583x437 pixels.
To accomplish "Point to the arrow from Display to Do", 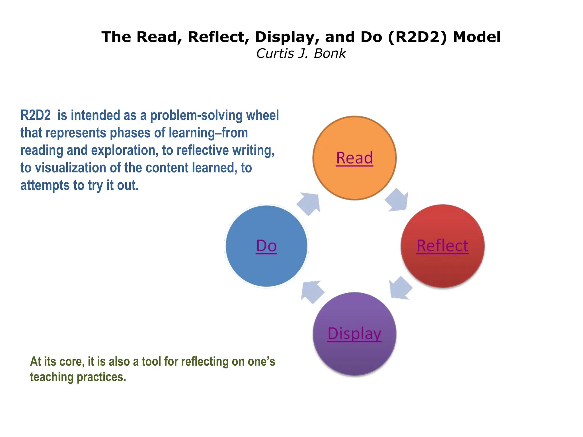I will (312, 292).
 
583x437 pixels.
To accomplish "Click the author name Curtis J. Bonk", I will (301, 53).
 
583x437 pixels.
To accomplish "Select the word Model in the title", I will (477, 37).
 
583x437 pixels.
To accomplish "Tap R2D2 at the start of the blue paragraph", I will (35, 115).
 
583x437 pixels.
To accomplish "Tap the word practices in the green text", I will (102, 377).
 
